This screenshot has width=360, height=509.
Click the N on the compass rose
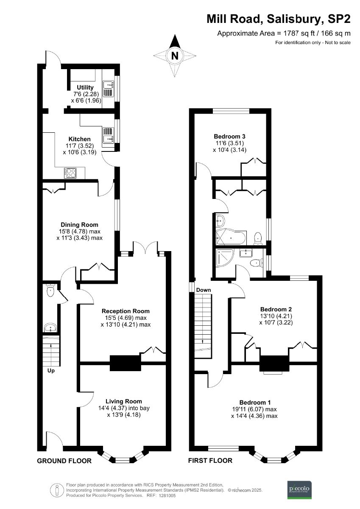(174, 55)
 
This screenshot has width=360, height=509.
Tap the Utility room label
(85, 87)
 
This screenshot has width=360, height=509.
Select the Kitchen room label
(80, 139)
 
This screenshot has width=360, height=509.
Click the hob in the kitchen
(70, 173)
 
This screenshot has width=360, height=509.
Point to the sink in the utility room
(108, 83)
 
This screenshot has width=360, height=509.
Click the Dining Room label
(79, 224)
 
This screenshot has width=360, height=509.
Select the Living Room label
(123, 401)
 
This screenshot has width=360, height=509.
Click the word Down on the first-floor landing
(204, 290)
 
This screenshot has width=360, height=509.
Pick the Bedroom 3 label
(229, 136)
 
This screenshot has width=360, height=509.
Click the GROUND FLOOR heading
(64, 461)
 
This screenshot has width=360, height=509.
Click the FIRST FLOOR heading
(211, 461)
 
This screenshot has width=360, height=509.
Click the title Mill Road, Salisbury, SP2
(278, 19)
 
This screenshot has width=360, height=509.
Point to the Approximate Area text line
(284, 33)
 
